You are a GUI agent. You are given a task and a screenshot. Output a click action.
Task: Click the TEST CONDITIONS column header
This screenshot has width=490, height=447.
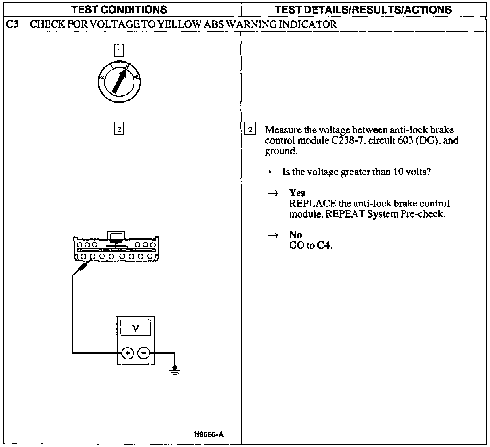(x=119, y=9)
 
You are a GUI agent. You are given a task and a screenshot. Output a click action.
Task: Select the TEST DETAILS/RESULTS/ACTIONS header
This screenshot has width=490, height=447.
(x=363, y=9)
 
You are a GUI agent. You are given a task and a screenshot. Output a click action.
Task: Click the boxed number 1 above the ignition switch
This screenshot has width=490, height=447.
(x=119, y=51)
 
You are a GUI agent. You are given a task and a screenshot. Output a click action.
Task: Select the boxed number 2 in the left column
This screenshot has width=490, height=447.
(x=119, y=129)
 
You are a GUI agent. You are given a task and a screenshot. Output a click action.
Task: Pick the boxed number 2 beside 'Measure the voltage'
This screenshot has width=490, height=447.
(x=250, y=129)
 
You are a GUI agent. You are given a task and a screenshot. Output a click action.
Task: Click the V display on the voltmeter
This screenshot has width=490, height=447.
(x=136, y=328)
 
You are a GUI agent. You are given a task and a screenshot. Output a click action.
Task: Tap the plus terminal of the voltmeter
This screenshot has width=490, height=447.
(x=128, y=353)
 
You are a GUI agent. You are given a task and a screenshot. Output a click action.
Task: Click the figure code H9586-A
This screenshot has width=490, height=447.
(x=209, y=434)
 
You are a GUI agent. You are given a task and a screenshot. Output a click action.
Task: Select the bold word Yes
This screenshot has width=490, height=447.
(x=297, y=193)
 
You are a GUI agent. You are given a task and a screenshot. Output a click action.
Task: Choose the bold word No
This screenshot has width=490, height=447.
(x=295, y=235)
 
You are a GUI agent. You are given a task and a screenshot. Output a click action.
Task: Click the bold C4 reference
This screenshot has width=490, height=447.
(x=324, y=246)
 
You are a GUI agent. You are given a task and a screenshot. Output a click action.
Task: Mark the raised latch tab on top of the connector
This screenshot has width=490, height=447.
(x=116, y=237)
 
